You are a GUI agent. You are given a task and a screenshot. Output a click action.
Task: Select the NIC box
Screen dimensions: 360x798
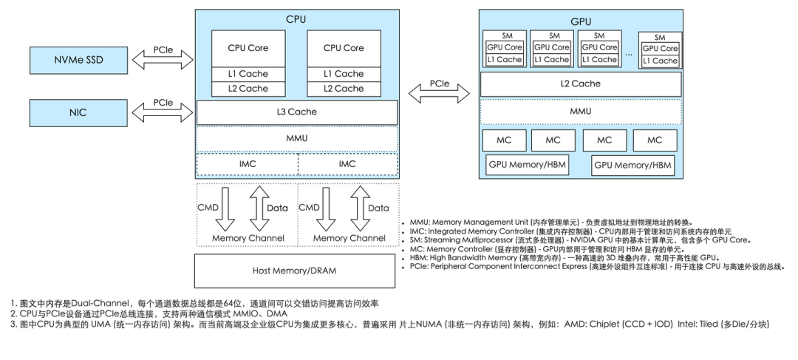pyautogui.click(x=77, y=113)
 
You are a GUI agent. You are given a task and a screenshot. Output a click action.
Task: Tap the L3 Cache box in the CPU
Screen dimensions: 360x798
pyautogui.click(x=296, y=112)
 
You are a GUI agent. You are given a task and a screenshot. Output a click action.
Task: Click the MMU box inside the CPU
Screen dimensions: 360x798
pyautogui.click(x=296, y=138)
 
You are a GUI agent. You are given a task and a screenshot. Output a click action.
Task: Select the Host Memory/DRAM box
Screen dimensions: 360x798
pyautogui.click(x=296, y=270)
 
